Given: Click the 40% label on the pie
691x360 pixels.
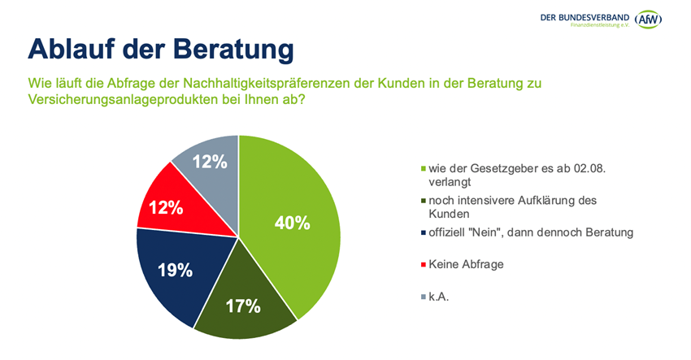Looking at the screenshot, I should [x=293, y=222].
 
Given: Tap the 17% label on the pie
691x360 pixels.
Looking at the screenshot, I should [x=243, y=306].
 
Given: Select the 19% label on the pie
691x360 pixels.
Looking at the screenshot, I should [x=175, y=270].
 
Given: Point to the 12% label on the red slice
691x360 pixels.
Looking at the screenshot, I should [x=165, y=207].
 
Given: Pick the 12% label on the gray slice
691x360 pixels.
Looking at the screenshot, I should [x=210, y=162].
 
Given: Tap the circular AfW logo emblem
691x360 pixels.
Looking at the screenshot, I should [x=648, y=18].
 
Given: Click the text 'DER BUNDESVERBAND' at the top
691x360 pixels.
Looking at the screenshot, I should [x=583, y=15].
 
